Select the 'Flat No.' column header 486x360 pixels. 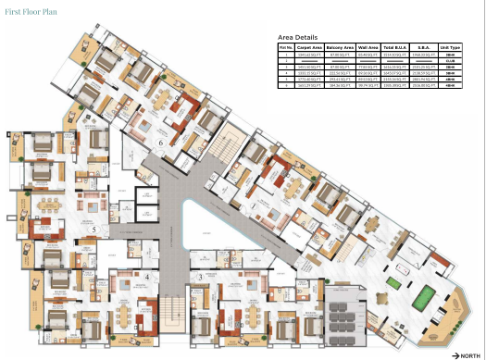click(288, 45)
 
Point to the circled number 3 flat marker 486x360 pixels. click(200, 277)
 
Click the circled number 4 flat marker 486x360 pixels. click(145, 276)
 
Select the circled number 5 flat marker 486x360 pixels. click(93, 228)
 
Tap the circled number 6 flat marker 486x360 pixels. click(160, 143)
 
